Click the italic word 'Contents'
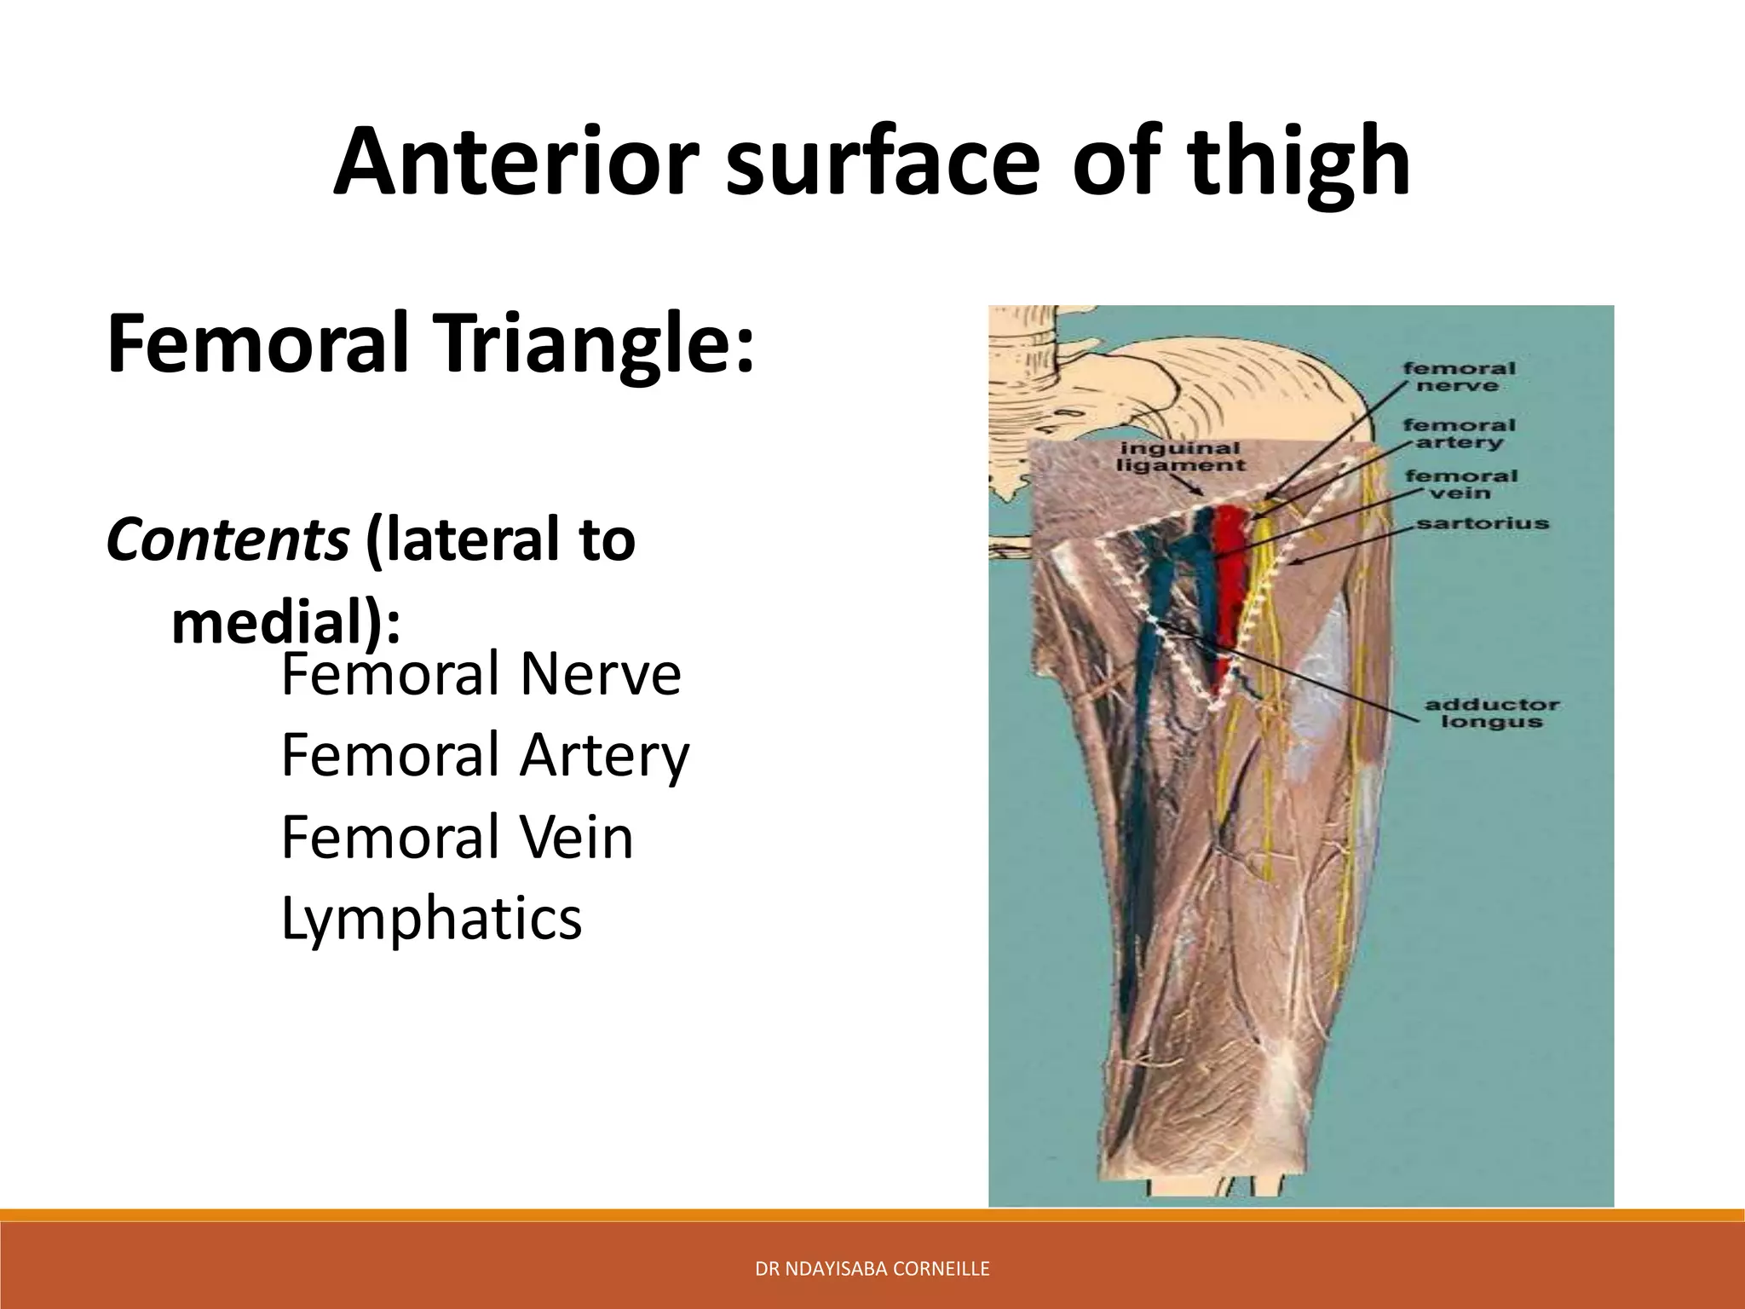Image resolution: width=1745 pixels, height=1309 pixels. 227,540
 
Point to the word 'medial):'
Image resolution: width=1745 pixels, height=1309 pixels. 285,622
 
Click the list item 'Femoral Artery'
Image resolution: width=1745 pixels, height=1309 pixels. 485,757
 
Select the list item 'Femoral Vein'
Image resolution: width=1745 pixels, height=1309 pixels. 458,838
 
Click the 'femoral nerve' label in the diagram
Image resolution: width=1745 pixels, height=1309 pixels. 1459,377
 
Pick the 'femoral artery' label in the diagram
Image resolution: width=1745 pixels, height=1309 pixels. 1459,433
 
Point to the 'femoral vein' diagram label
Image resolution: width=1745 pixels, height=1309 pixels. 1460,484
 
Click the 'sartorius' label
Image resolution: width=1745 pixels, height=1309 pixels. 1483,523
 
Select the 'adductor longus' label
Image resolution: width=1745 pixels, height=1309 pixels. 1491,713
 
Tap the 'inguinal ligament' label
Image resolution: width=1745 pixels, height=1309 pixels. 1180,457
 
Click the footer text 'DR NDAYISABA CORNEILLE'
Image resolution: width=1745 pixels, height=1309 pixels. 872,1269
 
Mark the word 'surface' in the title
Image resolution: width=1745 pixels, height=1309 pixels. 882,162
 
